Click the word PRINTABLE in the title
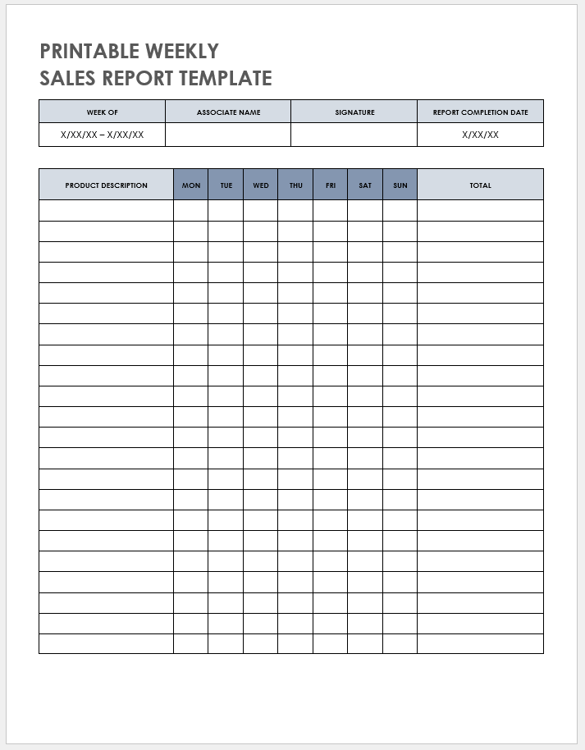[x=89, y=51]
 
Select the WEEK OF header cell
[x=103, y=112]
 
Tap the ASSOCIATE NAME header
[x=228, y=112]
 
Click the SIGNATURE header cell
[x=354, y=112]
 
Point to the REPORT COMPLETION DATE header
[x=480, y=112]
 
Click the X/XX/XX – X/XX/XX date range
[x=103, y=135]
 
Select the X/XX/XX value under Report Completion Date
[x=480, y=135]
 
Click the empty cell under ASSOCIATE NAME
[x=228, y=135]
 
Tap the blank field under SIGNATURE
[x=354, y=135]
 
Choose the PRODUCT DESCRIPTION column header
[x=107, y=185]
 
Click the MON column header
[x=191, y=185]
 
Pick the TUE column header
[x=226, y=185]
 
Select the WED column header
[x=261, y=185]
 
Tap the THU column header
[x=295, y=185]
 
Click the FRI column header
[x=330, y=185]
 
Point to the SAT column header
[x=365, y=185]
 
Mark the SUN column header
[x=400, y=185]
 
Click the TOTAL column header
[x=480, y=185]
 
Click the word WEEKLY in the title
[x=182, y=51]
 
